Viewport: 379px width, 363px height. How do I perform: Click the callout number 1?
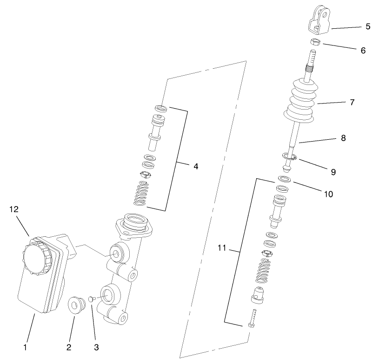[26, 346]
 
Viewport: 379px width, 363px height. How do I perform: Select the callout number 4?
[196, 166]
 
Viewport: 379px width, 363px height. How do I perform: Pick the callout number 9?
[333, 172]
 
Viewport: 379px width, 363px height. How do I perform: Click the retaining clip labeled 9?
[289, 158]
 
